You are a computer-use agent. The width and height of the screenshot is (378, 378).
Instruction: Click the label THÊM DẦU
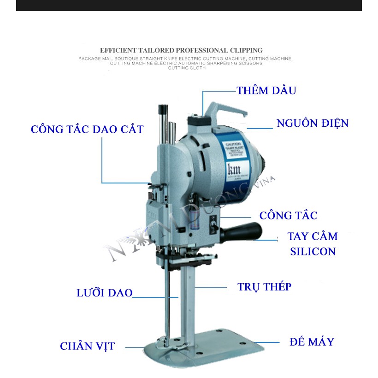pyautogui.click(x=266, y=90)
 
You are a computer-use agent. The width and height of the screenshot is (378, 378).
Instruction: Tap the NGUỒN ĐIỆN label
pyautogui.click(x=312, y=123)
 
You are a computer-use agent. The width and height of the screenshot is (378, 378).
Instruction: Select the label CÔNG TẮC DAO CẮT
pyautogui.click(x=87, y=129)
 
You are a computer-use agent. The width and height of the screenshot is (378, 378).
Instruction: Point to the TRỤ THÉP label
pyautogui.click(x=264, y=287)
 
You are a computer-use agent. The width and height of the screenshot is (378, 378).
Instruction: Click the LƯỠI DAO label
pyautogui.click(x=105, y=293)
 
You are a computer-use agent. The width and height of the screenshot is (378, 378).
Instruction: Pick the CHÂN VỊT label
pyautogui.click(x=87, y=346)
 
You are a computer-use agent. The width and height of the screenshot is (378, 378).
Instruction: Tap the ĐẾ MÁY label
pyautogui.click(x=312, y=342)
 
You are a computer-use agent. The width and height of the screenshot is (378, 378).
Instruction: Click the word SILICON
pyautogui.click(x=313, y=252)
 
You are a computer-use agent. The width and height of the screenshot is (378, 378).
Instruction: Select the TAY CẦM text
pyautogui.click(x=313, y=236)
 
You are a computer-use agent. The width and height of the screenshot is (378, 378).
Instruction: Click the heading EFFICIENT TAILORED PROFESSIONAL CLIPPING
pyautogui.click(x=181, y=50)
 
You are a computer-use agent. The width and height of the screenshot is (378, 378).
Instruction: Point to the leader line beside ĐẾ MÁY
pyautogui.click(x=268, y=343)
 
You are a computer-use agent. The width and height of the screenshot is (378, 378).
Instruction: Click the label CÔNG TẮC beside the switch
pyautogui.click(x=288, y=215)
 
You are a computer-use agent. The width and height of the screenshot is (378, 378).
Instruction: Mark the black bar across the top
pyautogui.click(x=189, y=5)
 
